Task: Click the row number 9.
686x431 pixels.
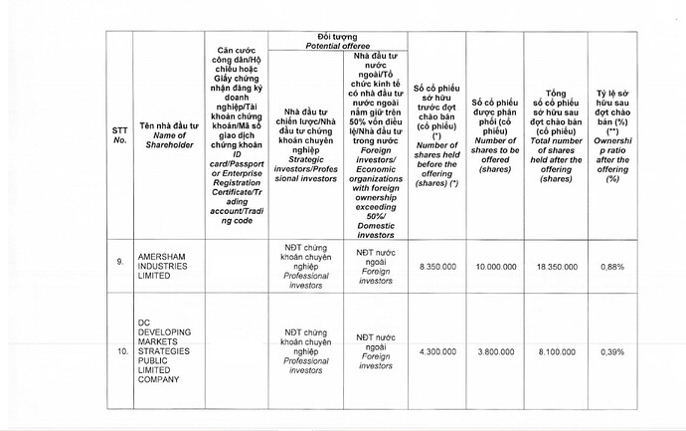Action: coord(119,262)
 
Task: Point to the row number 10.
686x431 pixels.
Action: coord(119,352)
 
